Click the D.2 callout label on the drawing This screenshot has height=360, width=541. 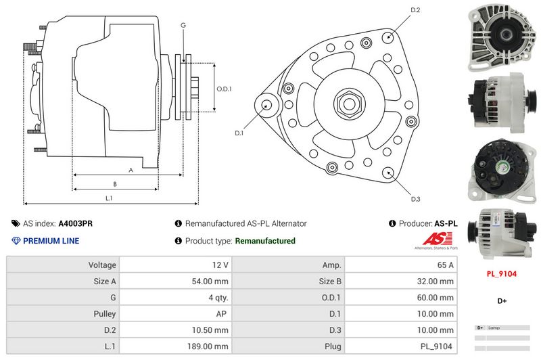(416, 10)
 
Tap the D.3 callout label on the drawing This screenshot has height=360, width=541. (416, 198)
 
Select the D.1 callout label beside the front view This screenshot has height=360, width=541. (239, 133)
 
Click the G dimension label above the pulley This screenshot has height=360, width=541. (183, 26)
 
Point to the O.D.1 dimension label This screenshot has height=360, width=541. (225, 89)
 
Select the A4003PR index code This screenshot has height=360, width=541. (76, 223)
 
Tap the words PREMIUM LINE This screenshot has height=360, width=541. (51, 241)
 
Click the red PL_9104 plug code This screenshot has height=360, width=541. (502, 274)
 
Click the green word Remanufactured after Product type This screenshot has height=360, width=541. (265, 241)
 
